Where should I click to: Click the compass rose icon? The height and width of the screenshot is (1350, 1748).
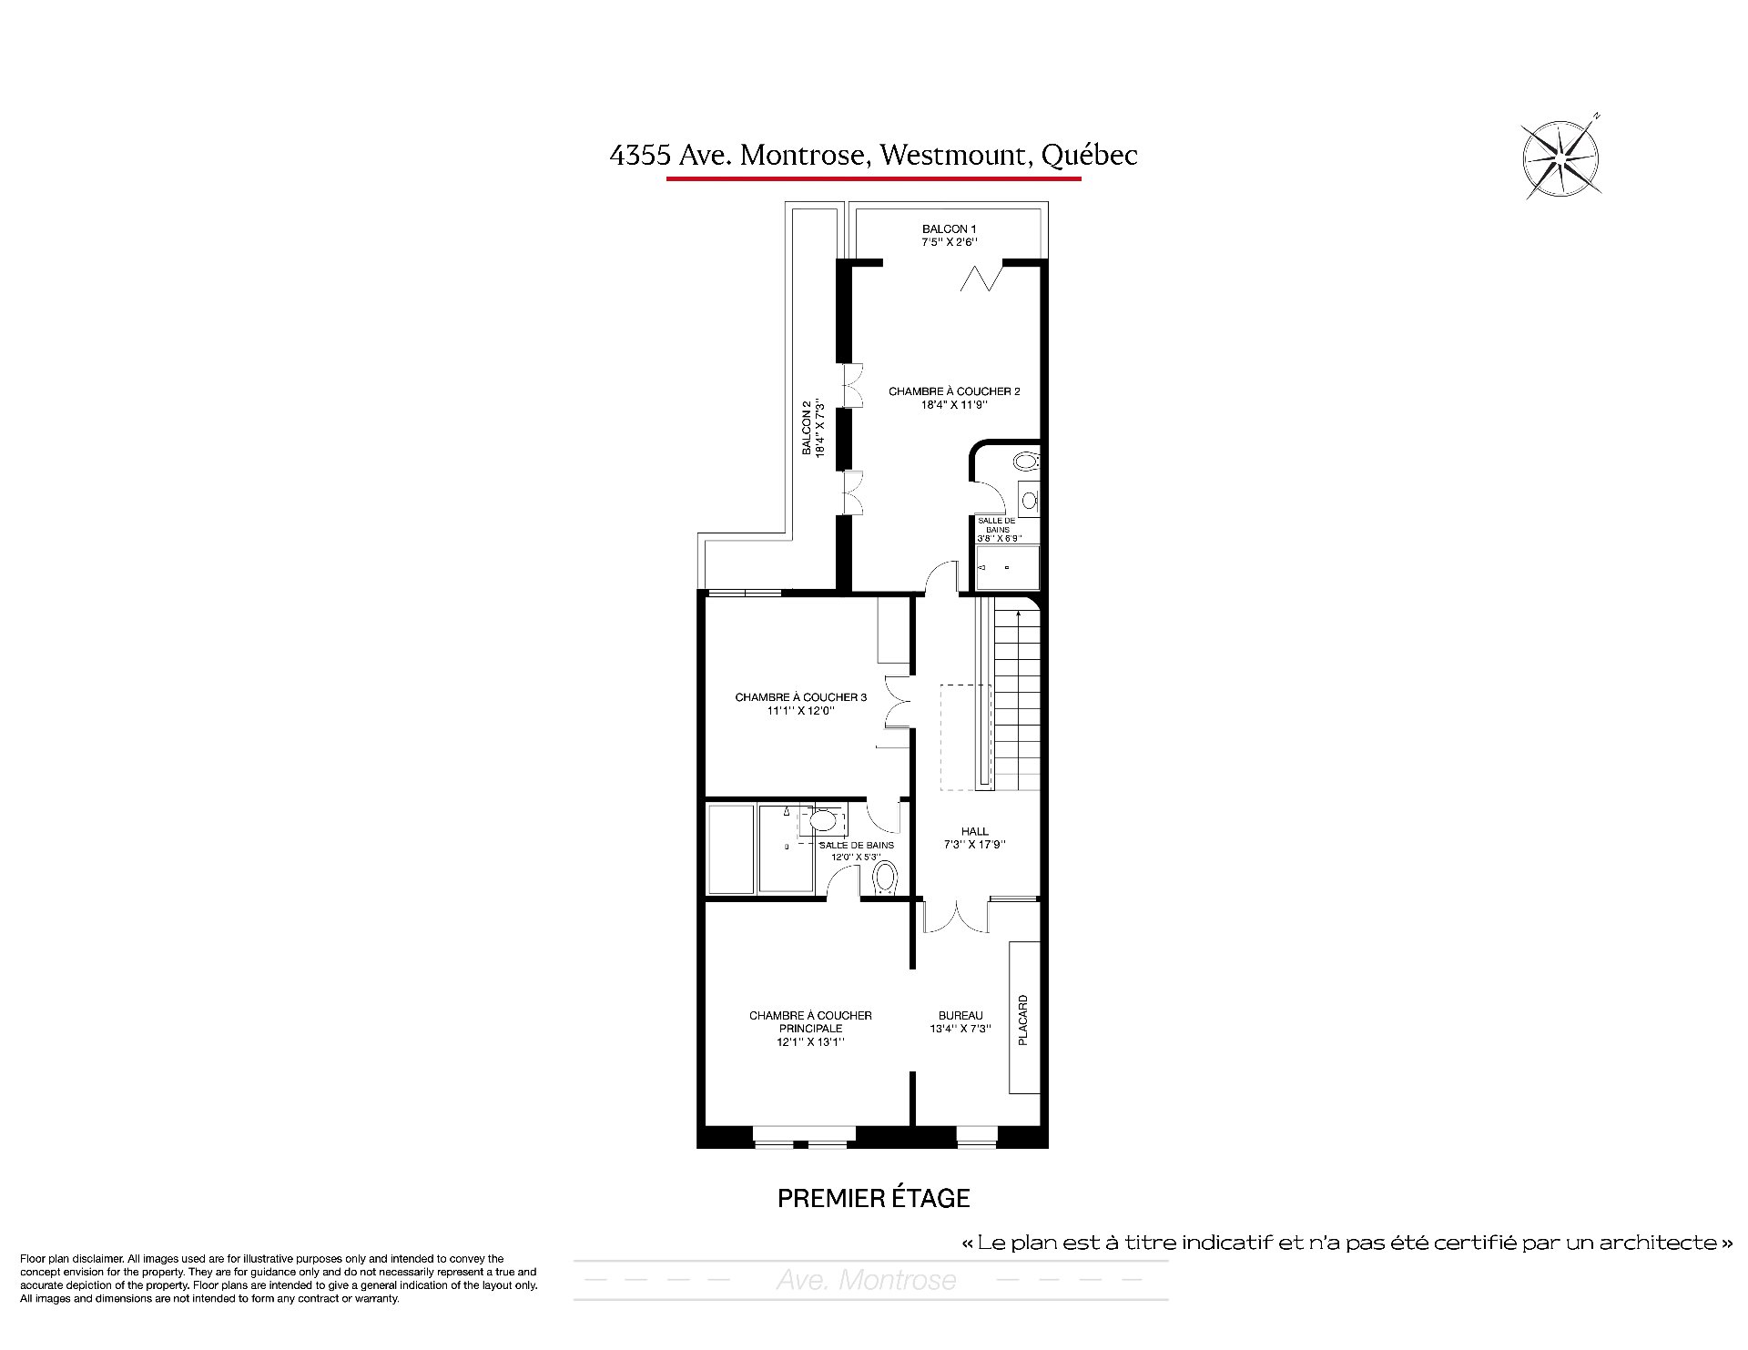click(1561, 157)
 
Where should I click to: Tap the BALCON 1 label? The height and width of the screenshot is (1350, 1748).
click(950, 228)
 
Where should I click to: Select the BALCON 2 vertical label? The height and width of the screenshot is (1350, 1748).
click(807, 428)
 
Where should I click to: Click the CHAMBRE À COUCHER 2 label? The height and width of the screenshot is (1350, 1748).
click(954, 391)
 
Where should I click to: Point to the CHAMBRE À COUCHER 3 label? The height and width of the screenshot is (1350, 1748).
click(800, 697)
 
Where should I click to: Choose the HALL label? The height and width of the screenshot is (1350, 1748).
click(974, 831)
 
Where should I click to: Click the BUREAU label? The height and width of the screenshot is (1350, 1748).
click(960, 1015)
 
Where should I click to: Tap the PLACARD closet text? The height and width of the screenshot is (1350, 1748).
click(1023, 1020)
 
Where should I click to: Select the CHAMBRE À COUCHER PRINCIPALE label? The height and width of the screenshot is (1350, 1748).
click(810, 1021)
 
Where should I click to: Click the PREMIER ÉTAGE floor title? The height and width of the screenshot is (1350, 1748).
click(874, 1198)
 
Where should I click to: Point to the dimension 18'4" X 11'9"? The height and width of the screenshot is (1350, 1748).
click(954, 405)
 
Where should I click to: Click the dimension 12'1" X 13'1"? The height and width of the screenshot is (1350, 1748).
click(810, 1042)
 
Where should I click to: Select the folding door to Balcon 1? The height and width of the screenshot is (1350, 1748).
click(981, 277)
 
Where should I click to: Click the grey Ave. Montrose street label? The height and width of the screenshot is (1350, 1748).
click(867, 1280)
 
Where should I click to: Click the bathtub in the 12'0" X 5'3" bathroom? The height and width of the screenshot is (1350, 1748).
click(731, 848)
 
